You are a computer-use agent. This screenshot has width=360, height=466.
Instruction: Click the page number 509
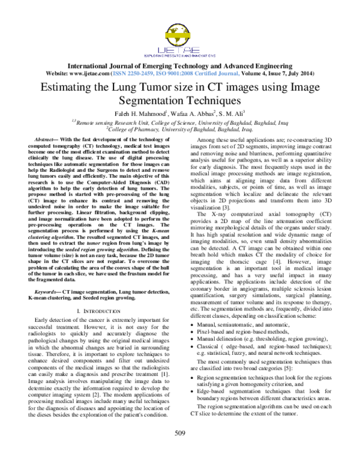(x=180, y=450)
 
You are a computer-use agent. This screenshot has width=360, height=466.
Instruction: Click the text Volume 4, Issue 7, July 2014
(x=281, y=73)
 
